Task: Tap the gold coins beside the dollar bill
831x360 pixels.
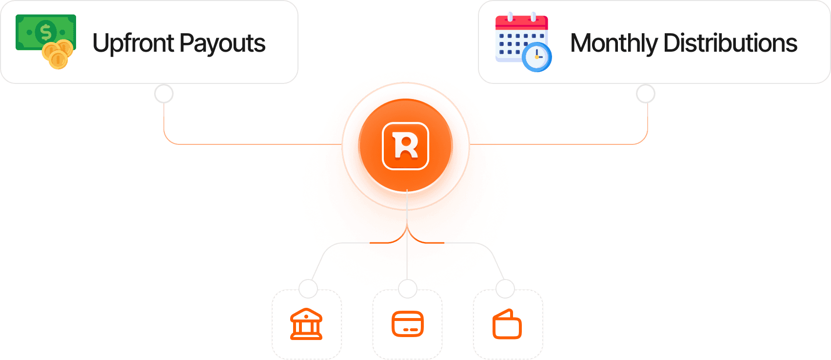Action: [58, 54]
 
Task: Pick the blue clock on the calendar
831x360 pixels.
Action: [536, 57]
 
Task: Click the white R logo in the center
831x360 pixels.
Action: [406, 146]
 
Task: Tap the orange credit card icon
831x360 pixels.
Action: [408, 324]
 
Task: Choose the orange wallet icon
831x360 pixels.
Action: [507, 325]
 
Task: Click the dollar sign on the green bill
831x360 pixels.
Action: [46, 32]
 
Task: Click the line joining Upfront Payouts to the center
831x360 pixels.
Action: [244, 144]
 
